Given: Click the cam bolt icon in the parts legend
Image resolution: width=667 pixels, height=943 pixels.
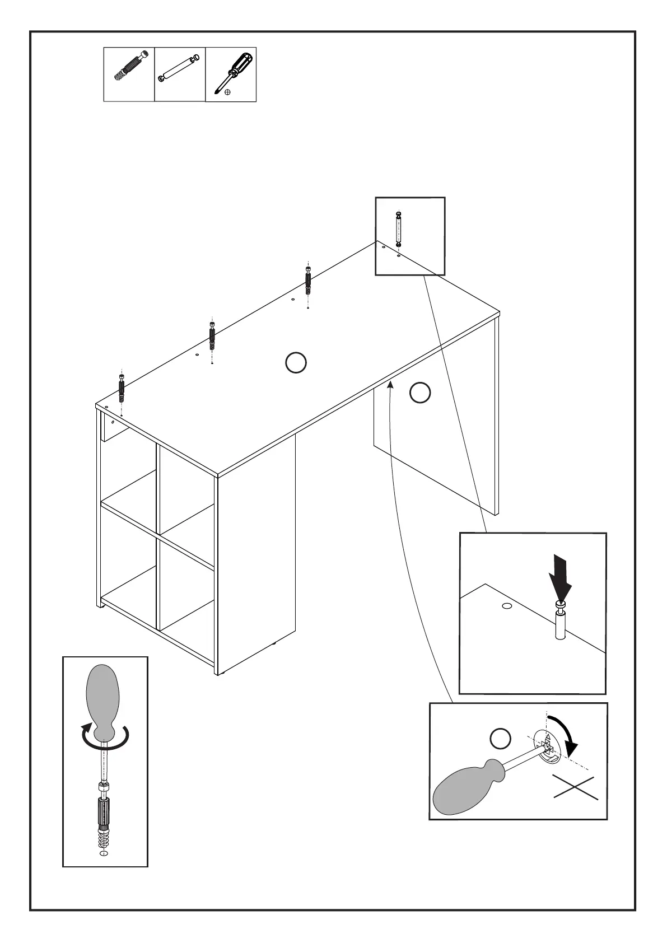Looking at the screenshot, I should pyautogui.click(x=129, y=66).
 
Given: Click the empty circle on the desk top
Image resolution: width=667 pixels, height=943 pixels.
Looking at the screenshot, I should pyautogui.click(x=296, y=363).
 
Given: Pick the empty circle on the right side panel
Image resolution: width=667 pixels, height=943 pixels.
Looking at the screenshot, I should pyautogui.click(x=420, y=393).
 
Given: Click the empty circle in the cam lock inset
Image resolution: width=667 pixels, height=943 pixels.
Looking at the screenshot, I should pyautogui.click(x=501, y=738).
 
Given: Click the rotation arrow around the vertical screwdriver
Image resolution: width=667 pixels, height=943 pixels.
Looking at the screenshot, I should pyautogui.click(x=105, y=737).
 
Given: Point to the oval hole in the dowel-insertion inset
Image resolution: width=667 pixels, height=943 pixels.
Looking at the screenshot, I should pyautogui.click(x=507, y=606).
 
